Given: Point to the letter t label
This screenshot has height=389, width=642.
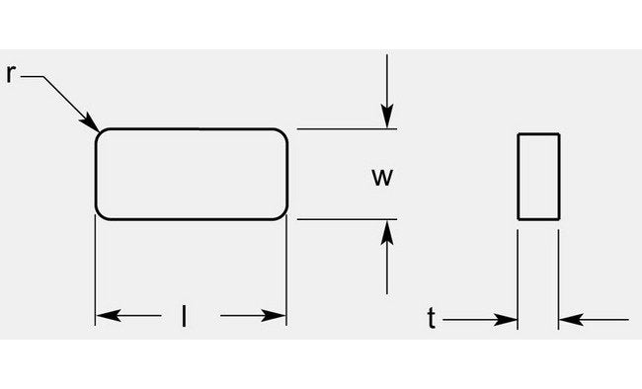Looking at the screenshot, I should coord(432,318).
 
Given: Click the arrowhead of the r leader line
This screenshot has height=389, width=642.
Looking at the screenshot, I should coord(94,126).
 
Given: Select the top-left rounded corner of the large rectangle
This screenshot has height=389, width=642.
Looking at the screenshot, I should coord(99,133).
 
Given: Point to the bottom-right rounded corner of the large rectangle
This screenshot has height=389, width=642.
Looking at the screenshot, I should coord(282,213).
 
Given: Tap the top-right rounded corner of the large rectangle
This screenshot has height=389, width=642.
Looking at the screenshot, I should coord(282,133).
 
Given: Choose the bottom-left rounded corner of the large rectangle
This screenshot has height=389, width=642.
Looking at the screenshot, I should coord(99,213).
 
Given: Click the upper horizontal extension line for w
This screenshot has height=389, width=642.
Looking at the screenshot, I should coord(346,128).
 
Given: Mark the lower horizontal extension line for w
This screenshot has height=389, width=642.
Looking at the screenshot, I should coord(346,219).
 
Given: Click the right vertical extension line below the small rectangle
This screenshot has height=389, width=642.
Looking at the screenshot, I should coord(559,276).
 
